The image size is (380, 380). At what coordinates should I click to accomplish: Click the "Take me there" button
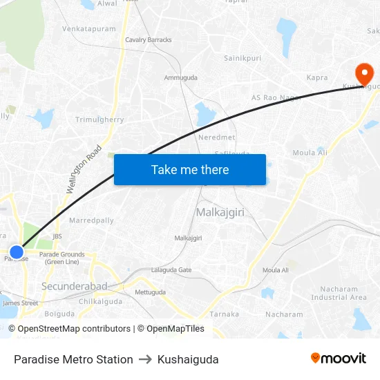190,169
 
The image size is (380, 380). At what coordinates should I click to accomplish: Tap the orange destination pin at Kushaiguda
363,73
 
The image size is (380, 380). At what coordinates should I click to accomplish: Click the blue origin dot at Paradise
16,251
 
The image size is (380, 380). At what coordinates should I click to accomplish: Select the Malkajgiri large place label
220,212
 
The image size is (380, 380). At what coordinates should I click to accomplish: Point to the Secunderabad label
74,286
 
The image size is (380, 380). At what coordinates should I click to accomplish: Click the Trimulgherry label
99,120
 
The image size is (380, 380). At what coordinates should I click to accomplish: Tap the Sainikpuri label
243,58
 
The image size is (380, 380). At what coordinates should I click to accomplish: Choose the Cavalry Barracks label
149,40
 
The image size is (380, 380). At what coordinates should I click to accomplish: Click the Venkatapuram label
89,29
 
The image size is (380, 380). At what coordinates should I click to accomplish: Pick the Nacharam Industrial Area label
339,293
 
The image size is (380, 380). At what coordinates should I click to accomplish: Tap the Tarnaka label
225,314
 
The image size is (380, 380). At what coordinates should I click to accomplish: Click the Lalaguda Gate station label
171,269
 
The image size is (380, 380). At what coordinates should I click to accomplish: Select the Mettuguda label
151,292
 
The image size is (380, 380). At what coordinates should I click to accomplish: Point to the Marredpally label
91,220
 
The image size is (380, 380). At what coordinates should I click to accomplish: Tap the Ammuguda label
180,77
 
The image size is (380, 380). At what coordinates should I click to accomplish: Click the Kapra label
316,78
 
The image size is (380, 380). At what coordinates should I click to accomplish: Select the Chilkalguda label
100,301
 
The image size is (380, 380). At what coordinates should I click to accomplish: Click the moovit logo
339,358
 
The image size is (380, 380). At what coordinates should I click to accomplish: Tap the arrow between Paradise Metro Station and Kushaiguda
145,359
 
